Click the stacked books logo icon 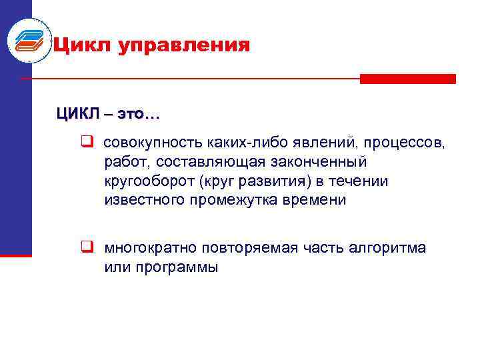coord(28,40)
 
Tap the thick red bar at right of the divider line coord(407,79)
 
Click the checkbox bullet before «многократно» coord(87,248)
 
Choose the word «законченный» coord(321,162)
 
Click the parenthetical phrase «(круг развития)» coord(244,181)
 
